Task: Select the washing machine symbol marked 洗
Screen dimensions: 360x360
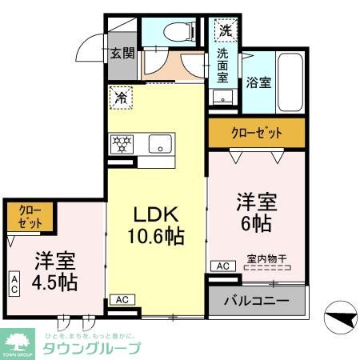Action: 225,31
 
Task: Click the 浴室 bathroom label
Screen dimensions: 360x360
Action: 258,82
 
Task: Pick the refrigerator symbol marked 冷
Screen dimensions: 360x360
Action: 122,98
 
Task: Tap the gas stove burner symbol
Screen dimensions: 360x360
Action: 123,145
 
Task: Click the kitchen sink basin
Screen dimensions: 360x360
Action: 160,145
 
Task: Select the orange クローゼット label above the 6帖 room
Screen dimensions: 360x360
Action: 256,133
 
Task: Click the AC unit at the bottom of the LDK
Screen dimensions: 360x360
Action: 122,299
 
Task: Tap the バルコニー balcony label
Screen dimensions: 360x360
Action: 257,302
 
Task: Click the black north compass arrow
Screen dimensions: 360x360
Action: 342,319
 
